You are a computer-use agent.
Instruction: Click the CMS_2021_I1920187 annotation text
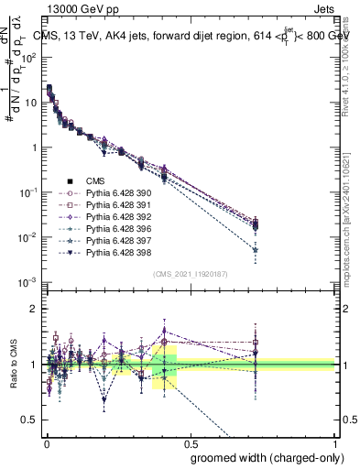[190, 274]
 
